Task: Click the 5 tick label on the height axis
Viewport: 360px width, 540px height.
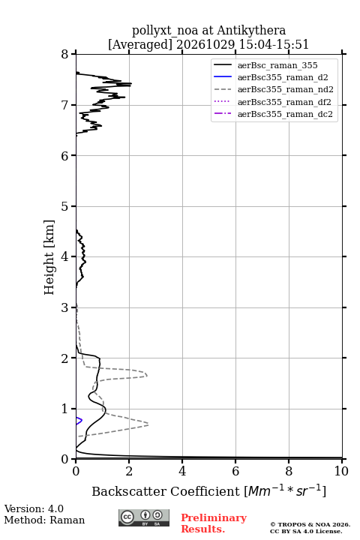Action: [64, 207]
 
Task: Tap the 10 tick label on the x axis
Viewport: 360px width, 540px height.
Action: [341, 471]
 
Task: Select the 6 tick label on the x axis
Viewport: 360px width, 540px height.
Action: [235, 471]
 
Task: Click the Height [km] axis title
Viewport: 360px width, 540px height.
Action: [49, 257]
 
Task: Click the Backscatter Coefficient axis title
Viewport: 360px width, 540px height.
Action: [208, 490]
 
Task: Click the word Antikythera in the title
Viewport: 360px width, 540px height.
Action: [251, 30]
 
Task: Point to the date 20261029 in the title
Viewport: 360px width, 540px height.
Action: [205, 44]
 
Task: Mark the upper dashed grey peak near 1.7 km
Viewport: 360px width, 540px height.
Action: [146, 375]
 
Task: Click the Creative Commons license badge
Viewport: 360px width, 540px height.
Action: [144, 517]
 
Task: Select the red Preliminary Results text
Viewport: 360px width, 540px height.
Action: [214, 523]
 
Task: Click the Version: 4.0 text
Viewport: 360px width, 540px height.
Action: [34, 508]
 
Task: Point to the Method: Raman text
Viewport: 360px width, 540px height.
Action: [44, 520]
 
